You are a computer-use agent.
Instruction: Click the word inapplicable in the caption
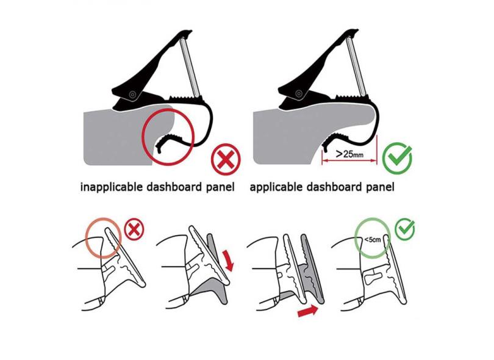pos(111,187)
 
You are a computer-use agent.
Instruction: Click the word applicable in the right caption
pos(276,187)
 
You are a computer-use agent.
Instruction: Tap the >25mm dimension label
pos(349,154)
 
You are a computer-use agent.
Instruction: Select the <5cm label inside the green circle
pos(373,240)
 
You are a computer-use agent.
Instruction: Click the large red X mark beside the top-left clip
pos(226,159)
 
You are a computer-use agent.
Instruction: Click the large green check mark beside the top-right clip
pos(397,157)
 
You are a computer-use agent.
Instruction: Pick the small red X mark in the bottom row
pos(134,229)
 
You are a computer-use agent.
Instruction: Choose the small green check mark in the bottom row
pos(405,229)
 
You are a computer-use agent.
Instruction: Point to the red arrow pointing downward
pos(229,261)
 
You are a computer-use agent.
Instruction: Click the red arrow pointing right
pos(308,311)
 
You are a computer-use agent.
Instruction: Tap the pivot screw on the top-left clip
pos(132,94)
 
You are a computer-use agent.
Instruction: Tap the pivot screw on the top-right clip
pos(298,93)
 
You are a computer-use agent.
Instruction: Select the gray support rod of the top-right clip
pos(356,66)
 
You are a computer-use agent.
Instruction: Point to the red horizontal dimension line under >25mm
pos(349,161)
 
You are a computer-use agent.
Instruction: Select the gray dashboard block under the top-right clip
pos(290,135)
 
